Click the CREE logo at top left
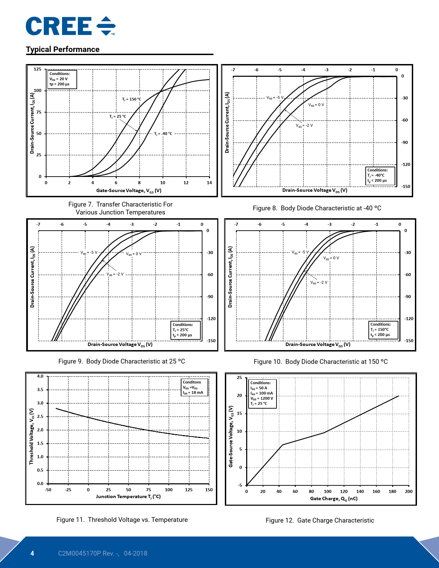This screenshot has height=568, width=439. coord(70,26)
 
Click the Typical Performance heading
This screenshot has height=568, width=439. coord(63,50)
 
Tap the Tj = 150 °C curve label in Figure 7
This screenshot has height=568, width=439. coord(132,99)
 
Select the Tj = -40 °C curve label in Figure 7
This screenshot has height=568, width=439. coord(163,134)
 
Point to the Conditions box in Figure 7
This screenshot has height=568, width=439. coord(62,79)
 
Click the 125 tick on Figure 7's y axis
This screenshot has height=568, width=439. coord(37,69)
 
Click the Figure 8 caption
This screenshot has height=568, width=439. coord(317,208)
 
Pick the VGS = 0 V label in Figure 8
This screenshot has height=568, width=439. coord(316,105)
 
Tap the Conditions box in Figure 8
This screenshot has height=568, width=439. coord(380,176)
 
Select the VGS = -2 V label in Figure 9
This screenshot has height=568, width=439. coord(115,274)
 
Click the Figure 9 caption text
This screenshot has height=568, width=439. coord(122,361)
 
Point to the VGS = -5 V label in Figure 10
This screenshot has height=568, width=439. coord(300,252)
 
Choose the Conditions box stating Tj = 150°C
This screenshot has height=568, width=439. coord(384,330)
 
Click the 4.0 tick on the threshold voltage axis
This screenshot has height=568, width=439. coord(40,376)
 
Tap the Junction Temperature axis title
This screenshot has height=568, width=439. coord(128,497)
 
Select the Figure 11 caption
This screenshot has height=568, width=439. coord(122,520)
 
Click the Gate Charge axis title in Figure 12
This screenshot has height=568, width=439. coord(334,499)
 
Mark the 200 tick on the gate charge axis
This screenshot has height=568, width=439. coord(409,492)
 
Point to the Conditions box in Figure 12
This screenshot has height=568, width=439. coord(262,393)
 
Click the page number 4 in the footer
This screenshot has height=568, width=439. coord(32,554)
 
